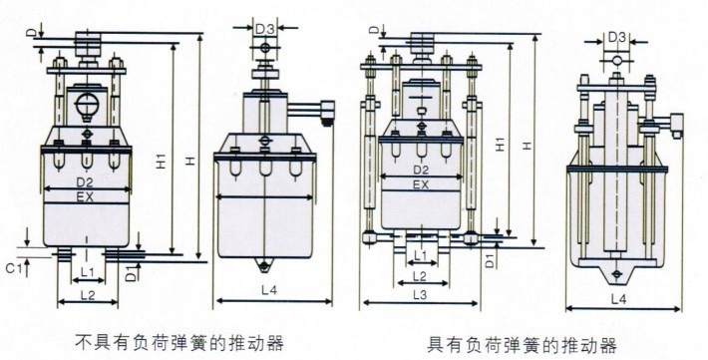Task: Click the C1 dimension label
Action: [13, 268]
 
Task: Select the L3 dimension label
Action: [420, 294]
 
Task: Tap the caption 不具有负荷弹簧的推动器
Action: [178, 343]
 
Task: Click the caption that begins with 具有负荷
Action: [522, 346]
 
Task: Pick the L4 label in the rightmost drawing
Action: [618, 299]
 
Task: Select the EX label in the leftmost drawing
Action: [85, 196]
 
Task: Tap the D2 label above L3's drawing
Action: [421, 170]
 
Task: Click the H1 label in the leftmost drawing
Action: [162, 162]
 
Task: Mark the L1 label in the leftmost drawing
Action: [87, 272]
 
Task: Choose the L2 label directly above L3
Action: [420, 275]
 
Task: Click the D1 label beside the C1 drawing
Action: [131, 274]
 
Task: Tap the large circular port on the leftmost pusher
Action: [87, 106]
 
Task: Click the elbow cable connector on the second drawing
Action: [326, 113]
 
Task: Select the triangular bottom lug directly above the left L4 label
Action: [263, 264]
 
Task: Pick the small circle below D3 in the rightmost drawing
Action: [617, 60]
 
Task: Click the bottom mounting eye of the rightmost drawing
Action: [617, 273]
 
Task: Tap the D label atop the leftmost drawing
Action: [35, 33]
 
